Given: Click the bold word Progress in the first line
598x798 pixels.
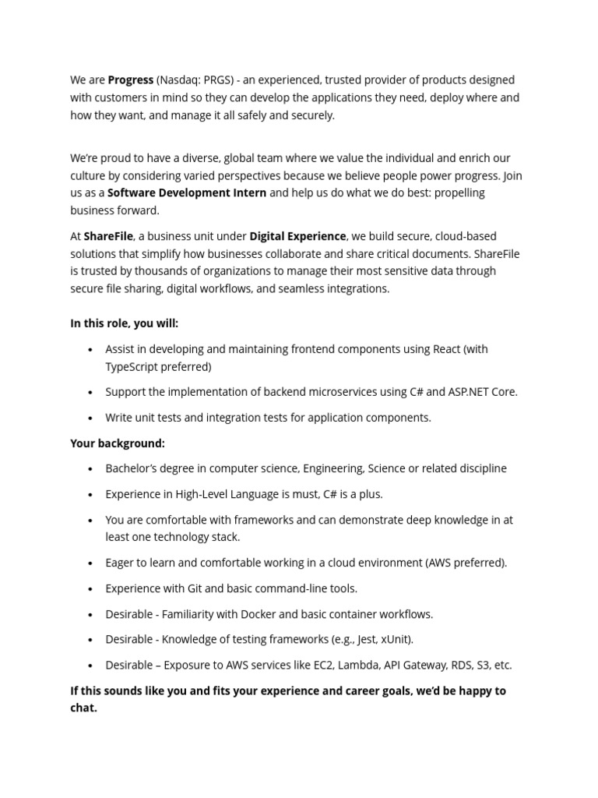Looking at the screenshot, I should point(130,80).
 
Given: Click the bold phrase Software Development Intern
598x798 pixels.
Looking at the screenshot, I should point(187,192).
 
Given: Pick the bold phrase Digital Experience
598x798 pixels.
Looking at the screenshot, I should point(297,236).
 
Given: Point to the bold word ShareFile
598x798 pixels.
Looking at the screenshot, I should point(109,236).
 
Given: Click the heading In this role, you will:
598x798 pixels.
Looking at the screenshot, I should point(124,323).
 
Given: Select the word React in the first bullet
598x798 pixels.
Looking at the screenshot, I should point(447,349).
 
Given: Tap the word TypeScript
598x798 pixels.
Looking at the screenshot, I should point(132,366).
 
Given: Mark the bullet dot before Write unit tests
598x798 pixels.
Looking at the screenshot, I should point(91,418).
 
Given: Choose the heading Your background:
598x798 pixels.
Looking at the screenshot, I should point(118,443).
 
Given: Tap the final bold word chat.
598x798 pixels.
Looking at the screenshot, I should point(83,708).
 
